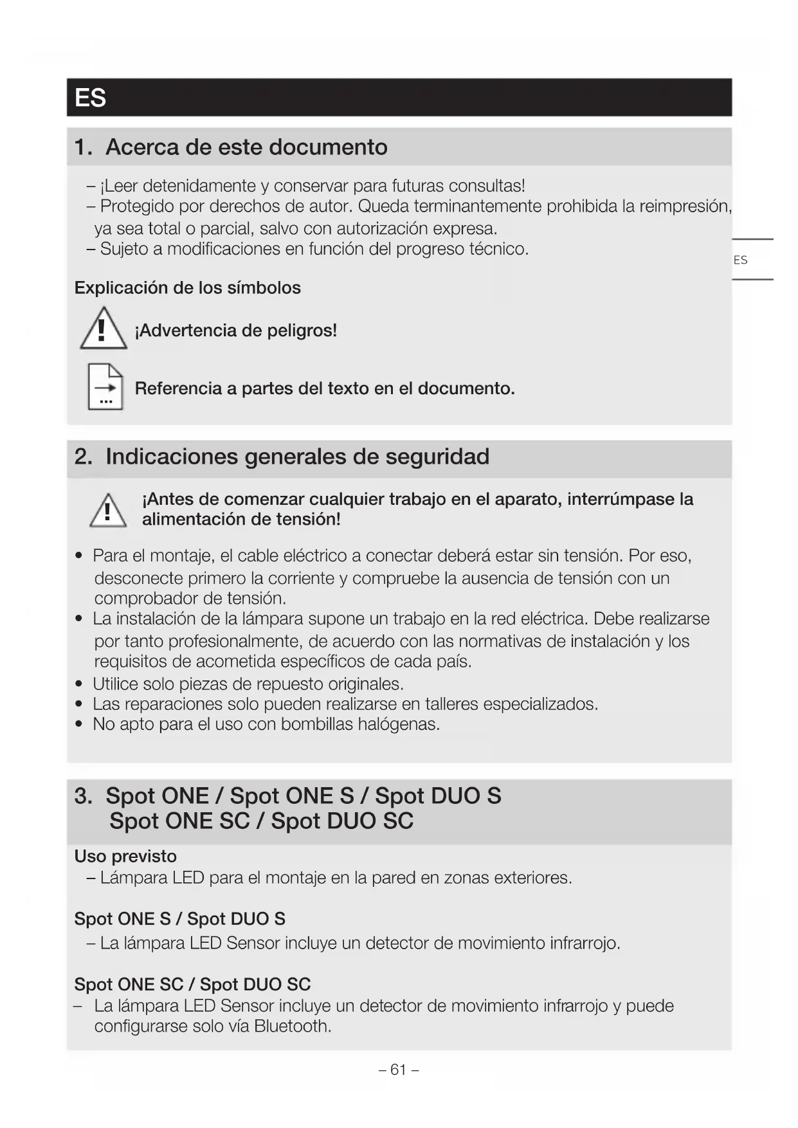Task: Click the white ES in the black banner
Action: point(90,98)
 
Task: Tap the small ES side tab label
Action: point(740,260)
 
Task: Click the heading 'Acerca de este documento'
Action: point(246,147)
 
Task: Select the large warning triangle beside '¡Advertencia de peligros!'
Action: point(103,329)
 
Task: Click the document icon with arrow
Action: point(105,387)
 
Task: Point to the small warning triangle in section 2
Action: point(107,511)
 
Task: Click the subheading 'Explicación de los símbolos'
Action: point(187,287)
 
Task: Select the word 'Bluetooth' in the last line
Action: point(291,1026)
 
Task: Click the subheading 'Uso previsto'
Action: point(125,856)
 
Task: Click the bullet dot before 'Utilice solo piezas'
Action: point(78,684)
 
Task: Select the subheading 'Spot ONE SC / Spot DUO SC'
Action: point(192,984)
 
